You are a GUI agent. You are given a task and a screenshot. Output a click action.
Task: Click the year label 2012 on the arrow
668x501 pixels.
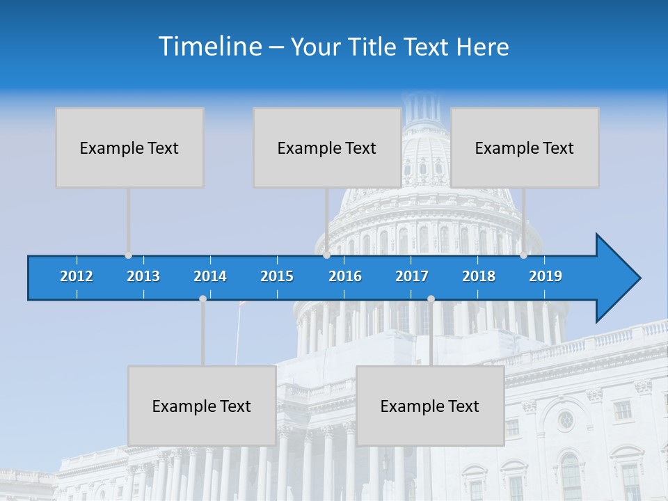[x=77, y=276]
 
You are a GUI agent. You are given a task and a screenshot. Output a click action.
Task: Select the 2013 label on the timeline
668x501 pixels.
[x=143, y=276]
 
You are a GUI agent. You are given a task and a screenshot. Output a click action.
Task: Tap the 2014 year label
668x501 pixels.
[x=210, y=276]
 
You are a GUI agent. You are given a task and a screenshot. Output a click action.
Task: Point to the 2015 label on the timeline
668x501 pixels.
[x=277, y=276]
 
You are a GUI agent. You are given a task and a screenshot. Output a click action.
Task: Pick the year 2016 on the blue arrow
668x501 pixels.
[x=345, y=276]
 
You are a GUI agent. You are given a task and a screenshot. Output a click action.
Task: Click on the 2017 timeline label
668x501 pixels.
[x=412, y=276]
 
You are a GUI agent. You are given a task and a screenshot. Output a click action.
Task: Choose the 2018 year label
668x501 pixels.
[x=479, y=276]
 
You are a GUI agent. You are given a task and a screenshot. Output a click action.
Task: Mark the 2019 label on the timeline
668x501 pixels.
[x=546, y=276]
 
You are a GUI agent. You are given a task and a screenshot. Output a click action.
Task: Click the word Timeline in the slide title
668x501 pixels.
[x=209, y=47]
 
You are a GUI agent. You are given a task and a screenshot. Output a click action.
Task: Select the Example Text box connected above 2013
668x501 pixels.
[x=129, y=148]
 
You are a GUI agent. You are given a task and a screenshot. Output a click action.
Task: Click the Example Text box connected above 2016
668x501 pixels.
[x=327, y=148]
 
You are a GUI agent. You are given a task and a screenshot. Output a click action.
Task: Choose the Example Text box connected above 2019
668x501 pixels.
[x=525, y=148]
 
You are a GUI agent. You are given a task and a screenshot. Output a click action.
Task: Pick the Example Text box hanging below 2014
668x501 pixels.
[x=202, y=406]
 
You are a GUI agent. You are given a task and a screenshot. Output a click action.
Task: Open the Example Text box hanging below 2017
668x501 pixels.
[x=430, y=406]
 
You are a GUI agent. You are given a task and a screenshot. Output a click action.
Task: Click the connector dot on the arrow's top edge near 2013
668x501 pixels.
[x=128, y=255]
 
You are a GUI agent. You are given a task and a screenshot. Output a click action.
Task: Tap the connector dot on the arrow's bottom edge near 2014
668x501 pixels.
[x=202, y=299]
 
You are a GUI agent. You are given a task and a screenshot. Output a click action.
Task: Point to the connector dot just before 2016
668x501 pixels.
[x=326, y=255]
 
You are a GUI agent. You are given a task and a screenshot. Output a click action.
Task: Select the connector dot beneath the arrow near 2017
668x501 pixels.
[x=431, y=299]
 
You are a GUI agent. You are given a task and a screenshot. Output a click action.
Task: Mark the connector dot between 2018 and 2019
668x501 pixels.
[x=523, y=255]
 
